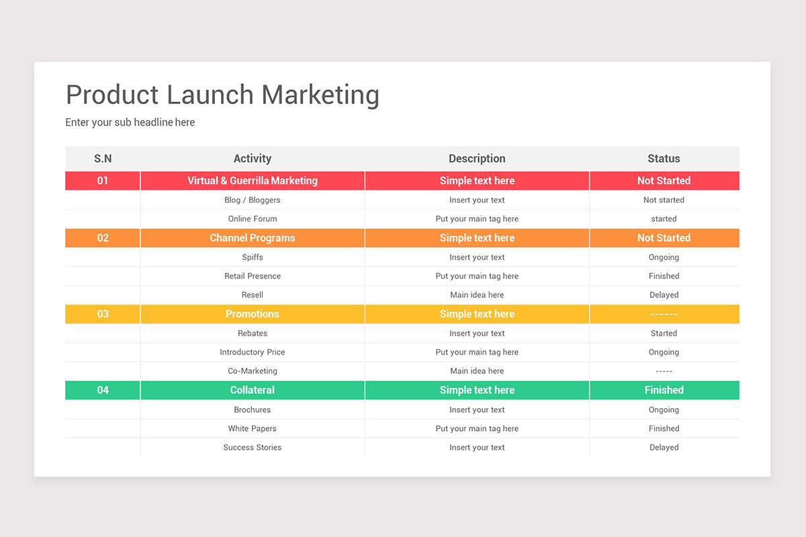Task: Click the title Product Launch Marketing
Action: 222,95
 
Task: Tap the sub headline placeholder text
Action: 130,122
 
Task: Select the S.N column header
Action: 103,158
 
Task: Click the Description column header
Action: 477,158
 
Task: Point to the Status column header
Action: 664,158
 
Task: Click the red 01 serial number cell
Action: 103,181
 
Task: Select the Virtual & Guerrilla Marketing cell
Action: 253,181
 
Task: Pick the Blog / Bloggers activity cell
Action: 253,200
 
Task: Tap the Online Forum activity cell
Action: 253,219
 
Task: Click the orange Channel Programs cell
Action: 253,238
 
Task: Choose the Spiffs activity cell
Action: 253,257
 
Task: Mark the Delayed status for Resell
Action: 664,295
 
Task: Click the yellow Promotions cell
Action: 253,314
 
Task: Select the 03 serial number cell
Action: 103,314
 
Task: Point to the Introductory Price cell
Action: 253,352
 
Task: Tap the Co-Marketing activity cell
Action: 253,371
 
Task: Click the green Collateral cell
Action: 253,390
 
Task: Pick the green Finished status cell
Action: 664,390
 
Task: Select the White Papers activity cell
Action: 253,428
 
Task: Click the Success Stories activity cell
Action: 253,447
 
